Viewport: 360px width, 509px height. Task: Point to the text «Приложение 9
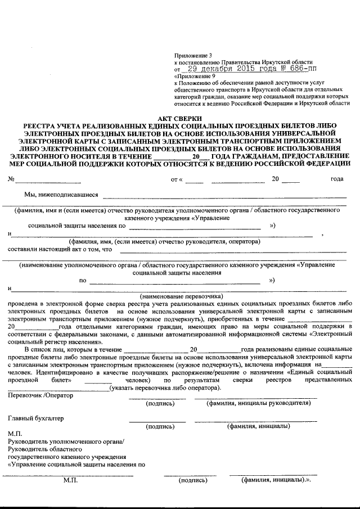pos(195,76)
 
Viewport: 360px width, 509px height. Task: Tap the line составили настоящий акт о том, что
pos(61,249)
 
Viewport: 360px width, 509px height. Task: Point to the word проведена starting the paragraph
pos(24,303)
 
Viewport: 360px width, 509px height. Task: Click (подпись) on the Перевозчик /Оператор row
pos(160,403)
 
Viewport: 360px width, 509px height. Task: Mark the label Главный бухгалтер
pos(36,418)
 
